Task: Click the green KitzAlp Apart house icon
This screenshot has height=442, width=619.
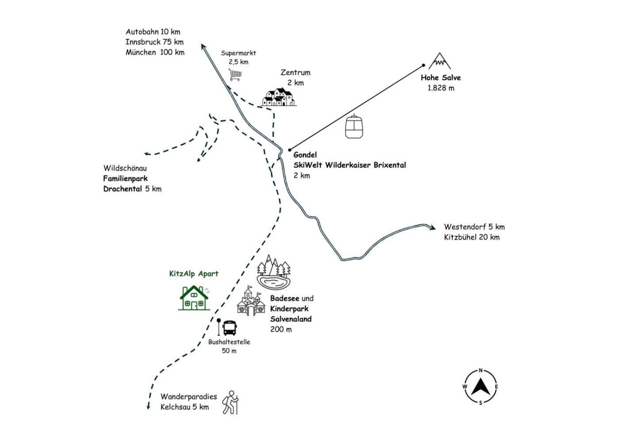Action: pyautogui.click(x=194, y=298)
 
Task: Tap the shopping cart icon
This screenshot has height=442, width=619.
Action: pyautogui.click(x=235, y=74)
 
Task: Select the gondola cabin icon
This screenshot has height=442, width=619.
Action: pyautogui.click(x=354, y=126)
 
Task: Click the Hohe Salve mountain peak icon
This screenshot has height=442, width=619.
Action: pyautogui.click(x=439, y=61)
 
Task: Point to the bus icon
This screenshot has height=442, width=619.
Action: pyautogui.click(x=229, y=328)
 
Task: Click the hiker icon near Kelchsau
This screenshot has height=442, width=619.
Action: pyautogui.click(x=231, y=403)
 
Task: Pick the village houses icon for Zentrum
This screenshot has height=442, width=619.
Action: pyautogui.click(x=279, y=97)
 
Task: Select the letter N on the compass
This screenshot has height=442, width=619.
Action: pyautogui.click(x=481, y=371)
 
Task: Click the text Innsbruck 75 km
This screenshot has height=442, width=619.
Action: pyautogui.click(x=154, y=42)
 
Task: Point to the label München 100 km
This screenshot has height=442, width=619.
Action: pyautogui.click(x=155, y=52)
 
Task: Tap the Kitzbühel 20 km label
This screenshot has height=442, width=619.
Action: pyautogui.click(x=472, y=237)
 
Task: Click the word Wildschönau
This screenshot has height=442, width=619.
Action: pyautogui.click(x=125, y=168)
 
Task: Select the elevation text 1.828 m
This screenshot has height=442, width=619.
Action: pyautogui.click(x=441, y=88)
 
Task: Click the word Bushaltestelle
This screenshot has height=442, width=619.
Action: pyautogui.click(x=229, y=342)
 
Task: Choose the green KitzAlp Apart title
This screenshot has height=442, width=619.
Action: pyautogui.click(x=194, y=274)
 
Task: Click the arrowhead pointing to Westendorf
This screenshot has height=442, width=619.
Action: pyautogui.click(x=432, y=227)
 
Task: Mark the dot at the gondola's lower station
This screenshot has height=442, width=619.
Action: pyautogui.click(x=290, y=150)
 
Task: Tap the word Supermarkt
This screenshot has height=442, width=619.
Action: pyautogui.click(x=238, y=53)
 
